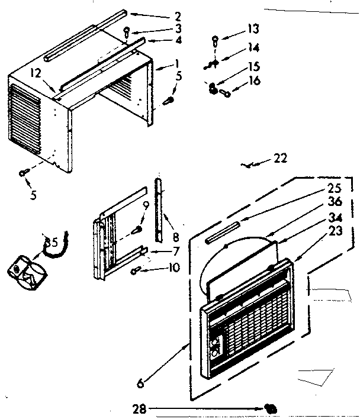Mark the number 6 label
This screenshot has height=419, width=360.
click(140, 383)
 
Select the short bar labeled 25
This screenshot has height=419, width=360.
click(221, 231)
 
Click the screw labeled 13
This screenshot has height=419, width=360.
click(215, 41)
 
